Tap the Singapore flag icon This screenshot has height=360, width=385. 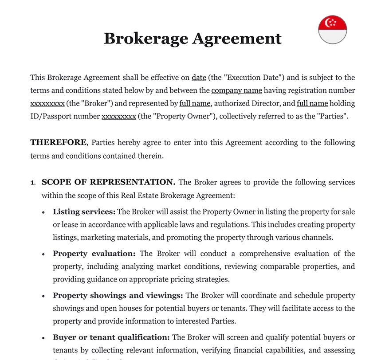pos(332,30)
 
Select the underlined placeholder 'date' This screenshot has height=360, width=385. pos(199,78)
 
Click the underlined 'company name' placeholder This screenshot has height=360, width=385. pos(236,91)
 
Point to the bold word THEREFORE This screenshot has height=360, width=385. pos(58,143)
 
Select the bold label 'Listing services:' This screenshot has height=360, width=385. pos(84,212)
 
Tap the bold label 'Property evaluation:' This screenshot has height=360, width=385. pos(94,254)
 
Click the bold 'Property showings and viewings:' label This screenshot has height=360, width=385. pos(118,295)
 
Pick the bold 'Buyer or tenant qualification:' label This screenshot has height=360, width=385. pos(111,337)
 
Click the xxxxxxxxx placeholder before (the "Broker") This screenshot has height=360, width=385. pos(47,104)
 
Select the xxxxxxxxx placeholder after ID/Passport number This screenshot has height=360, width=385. pos(118,117)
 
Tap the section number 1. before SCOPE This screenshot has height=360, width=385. pos(33,183)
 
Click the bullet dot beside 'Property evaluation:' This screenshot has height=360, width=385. pos(43,254)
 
